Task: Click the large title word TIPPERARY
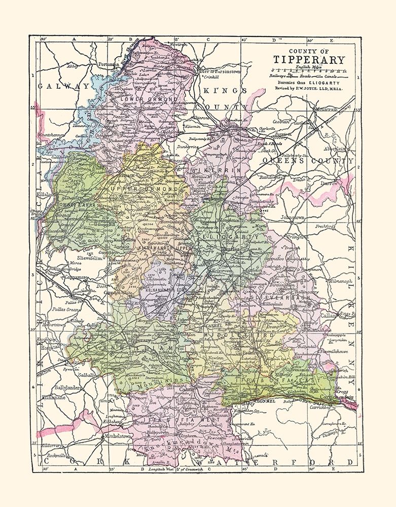coord(309,60)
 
